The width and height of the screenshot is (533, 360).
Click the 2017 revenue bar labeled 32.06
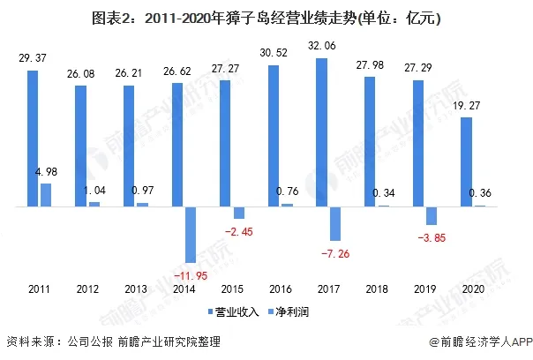(x=322, y=132)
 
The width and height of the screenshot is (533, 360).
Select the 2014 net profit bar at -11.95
(x=191, y=234)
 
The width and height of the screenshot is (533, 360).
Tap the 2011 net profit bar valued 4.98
(x=46, y=195)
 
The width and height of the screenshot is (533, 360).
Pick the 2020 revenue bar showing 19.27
(x=467, y=162)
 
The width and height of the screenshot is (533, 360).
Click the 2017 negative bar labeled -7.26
(x=335, y=223)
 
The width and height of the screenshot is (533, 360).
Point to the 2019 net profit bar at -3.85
(x=432, y=216)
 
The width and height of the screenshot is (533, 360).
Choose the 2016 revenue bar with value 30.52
(x=274, y=136)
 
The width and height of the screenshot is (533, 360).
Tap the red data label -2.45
(x=239, y=231)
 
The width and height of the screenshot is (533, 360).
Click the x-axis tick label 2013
(x=136, y=289)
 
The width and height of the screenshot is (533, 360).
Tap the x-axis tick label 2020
(x=474, y=289)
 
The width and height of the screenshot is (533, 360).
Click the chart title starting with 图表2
(x=266, y=18)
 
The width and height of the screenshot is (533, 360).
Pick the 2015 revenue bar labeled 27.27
(x=225, y=144)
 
